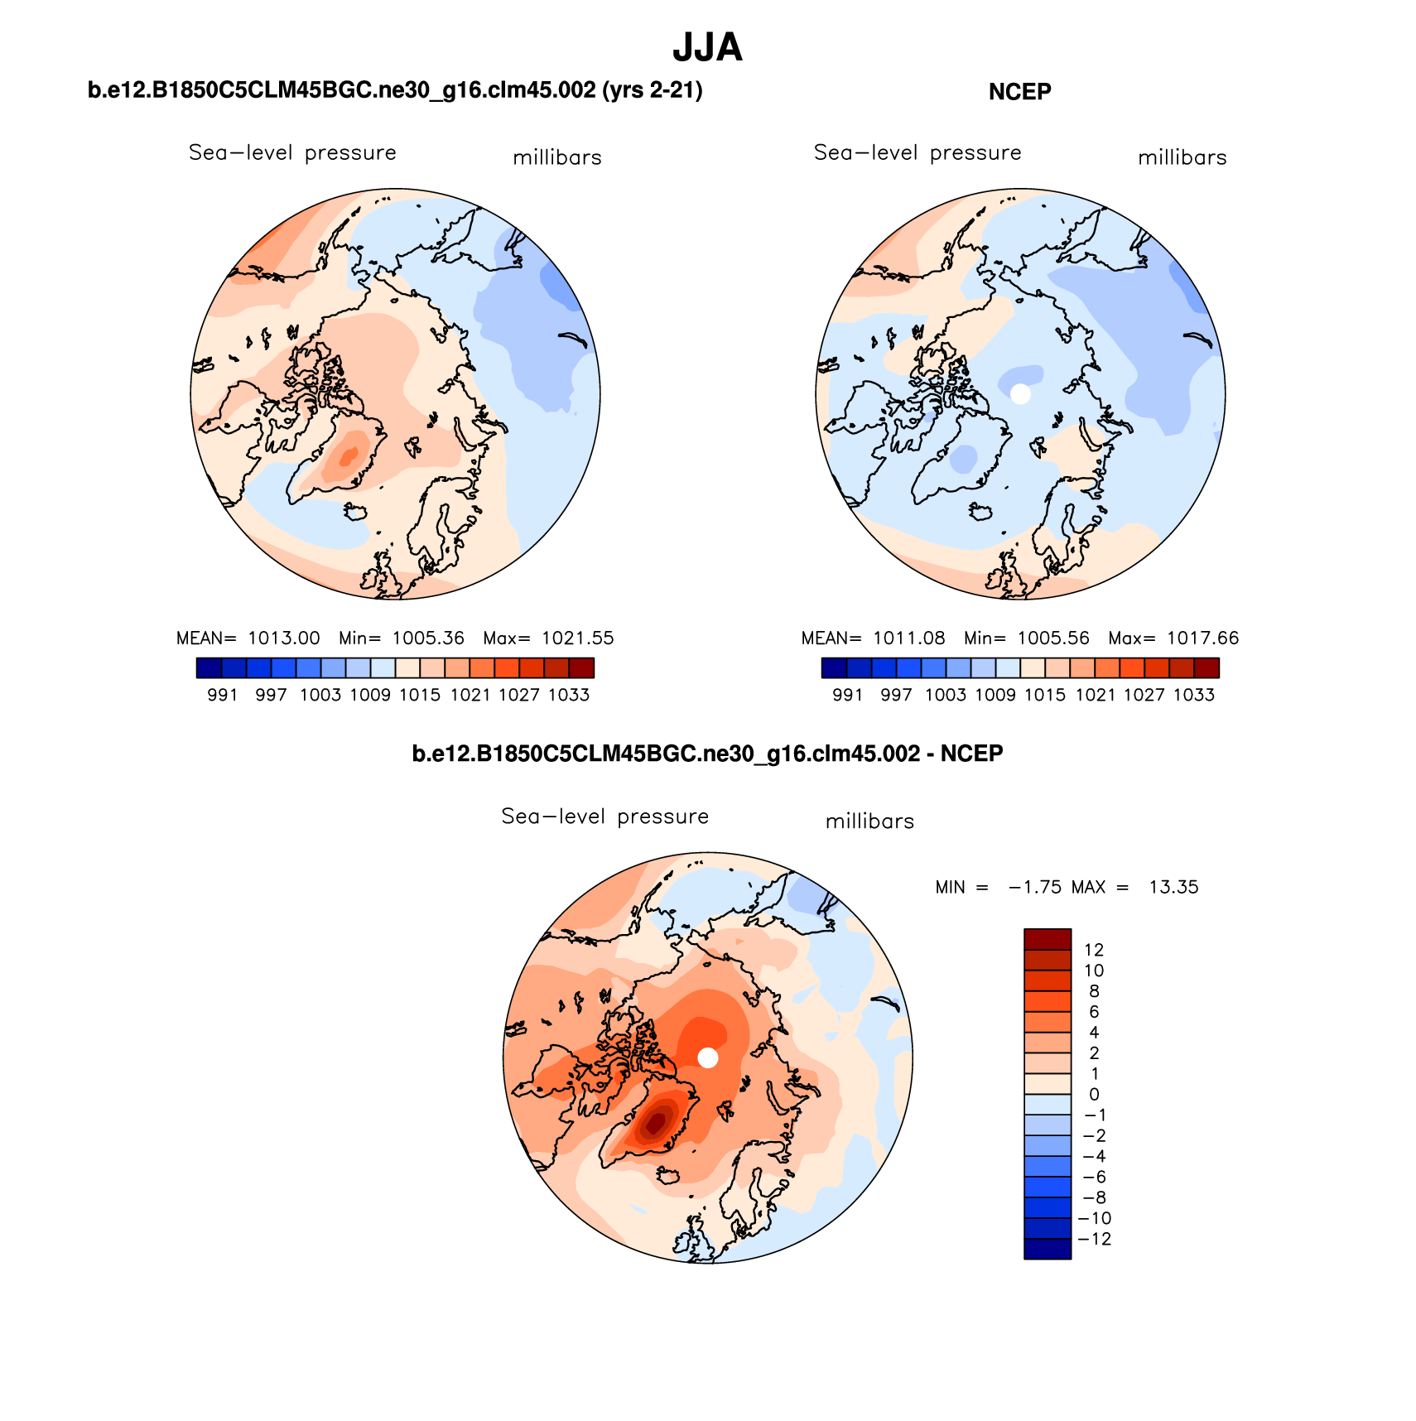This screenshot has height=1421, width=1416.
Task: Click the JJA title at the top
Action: (707, 48)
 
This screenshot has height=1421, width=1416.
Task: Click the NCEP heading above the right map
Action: (1019, 92)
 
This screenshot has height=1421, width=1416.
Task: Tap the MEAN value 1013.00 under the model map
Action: (284, 638)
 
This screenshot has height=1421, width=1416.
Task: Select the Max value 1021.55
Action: (578, 638)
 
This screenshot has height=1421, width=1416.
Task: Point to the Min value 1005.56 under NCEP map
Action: (1053, 638)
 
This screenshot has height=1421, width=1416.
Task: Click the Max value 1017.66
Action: (1202, 638)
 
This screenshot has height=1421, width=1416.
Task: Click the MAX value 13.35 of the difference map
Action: (1173, 887)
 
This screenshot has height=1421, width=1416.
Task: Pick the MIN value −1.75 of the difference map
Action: (1034, 887)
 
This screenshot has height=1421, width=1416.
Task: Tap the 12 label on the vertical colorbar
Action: (1094, 950)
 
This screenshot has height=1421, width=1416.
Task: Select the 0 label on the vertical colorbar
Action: (1094, 1095)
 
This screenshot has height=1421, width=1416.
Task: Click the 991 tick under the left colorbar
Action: (222, 696)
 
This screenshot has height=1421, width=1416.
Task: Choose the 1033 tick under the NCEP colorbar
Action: (1194, 696)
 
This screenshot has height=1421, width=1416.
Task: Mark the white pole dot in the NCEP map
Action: (1020, 394)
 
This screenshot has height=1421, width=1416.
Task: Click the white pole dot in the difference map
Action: (707, 1057)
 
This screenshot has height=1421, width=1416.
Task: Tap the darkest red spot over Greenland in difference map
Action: (656, 1123)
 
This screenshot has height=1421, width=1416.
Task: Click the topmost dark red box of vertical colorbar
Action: (1048, 939)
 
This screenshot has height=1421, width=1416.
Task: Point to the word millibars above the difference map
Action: (869, 821)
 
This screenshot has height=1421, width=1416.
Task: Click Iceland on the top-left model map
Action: (356, 513)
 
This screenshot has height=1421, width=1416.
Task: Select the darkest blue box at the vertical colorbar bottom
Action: (1048, 1249)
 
